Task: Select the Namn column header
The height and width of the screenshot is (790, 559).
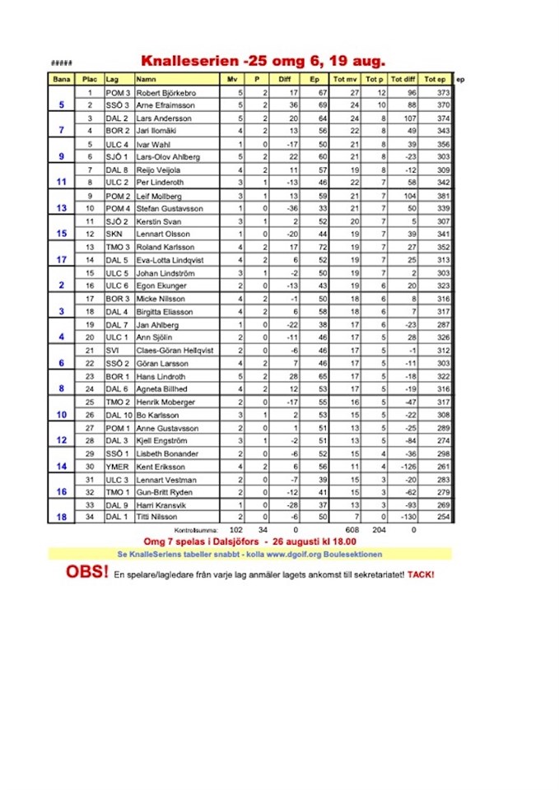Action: [x=147, y=79]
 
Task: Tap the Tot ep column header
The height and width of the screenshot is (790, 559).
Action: [x=435, y=79]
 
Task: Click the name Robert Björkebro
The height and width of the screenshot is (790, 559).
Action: [x=167, y=92]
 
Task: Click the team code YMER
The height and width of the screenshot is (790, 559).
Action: [x=115, y=467]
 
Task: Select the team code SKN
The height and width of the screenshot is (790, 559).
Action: [x=112, y=235]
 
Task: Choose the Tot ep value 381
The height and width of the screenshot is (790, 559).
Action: [x=442, y=196]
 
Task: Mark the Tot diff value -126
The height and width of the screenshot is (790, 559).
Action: [x=406, y=467]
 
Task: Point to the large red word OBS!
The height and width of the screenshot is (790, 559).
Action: [x=86, y=573]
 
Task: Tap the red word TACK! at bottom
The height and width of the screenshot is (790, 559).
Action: [x=421, y=574]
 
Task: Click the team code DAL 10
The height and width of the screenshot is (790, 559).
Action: [x=118, y=415]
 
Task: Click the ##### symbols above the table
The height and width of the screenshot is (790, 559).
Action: [x=61, y=63]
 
